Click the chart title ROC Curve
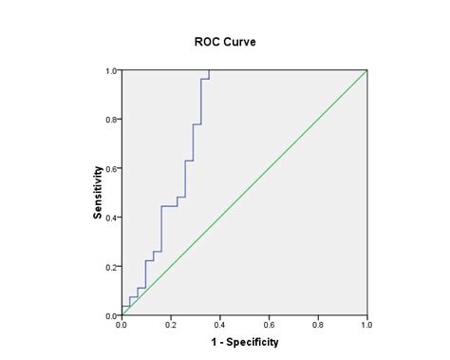point(226,42)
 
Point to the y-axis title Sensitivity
point(98,193)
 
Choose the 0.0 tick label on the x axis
point(122,325)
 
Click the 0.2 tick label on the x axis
point(171,325)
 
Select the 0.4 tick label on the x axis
point(219,325)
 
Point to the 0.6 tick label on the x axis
point(269,325)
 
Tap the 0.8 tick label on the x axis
point(318,325)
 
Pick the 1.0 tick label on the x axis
point(366,325)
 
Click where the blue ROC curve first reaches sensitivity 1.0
point(209,70)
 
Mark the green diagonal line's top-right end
point(366,70)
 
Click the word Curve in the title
point(239,42)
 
